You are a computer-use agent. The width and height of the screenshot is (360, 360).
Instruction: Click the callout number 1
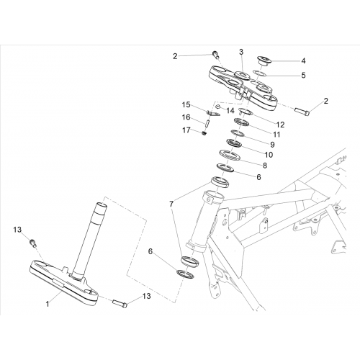48,304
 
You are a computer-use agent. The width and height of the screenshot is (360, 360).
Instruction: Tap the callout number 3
241,52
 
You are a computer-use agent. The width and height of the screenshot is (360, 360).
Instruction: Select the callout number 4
303,60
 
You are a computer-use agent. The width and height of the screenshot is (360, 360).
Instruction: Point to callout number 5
303,76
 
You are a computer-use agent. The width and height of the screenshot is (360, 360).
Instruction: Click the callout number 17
186,130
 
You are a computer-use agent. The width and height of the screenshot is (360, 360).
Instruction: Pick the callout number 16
186,117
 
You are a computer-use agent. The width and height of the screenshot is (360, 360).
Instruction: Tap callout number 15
186,105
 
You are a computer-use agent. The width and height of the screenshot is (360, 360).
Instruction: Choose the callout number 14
230,111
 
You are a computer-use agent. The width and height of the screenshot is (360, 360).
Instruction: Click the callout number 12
280,125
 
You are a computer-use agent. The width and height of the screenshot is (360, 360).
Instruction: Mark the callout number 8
265,166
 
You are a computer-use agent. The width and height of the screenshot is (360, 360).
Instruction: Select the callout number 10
269,155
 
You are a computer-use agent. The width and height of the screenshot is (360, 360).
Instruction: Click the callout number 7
171,204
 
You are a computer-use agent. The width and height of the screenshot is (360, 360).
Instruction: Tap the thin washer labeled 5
260,73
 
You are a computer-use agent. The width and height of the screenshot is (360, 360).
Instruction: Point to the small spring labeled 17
204,133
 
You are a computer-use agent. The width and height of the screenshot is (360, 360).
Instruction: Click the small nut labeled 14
218,106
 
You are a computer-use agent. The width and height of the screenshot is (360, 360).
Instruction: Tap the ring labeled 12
246,111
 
